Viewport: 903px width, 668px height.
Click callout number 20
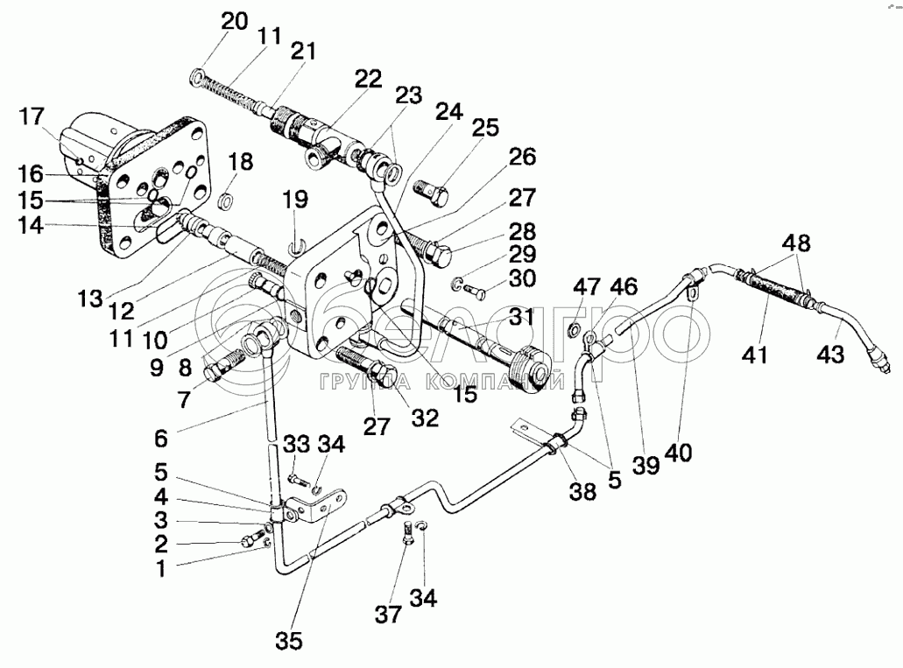tap(235, 22)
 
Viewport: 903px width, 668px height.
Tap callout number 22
tap(369, 79)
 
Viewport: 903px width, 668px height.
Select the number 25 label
tap(485, 128)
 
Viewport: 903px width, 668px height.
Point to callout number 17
tap(32, 116)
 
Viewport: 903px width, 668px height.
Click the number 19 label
tap(295, 200)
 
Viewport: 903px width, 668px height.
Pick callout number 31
tap(522, 317)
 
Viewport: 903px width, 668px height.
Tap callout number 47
tap(586, 286)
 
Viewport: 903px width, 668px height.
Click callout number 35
tap(289, 640)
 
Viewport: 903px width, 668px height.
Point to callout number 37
tap(388, 615)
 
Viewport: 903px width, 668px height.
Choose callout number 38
tap(582, 491)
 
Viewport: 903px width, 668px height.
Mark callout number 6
tap(160, 439)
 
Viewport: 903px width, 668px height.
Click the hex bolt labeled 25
tap(431, 194)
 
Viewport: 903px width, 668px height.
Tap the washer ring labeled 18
tap(226, 201)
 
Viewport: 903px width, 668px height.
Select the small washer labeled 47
tap(575, 329)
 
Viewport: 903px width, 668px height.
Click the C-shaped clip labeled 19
tap(295, 247)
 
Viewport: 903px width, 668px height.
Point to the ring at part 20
tap(197, 76)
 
